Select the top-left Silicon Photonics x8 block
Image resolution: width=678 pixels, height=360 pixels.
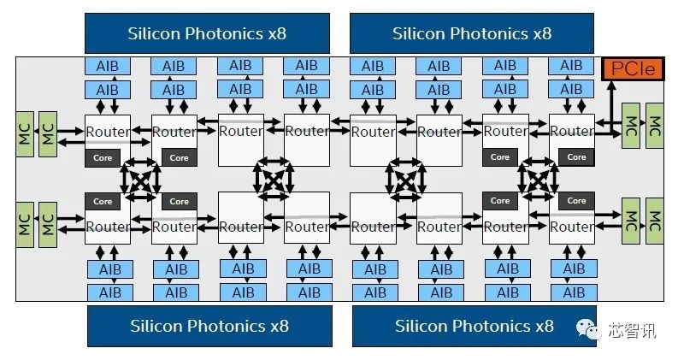click(x=208, y=33)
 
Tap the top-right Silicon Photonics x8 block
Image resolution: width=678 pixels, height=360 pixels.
click(x=472, y=33)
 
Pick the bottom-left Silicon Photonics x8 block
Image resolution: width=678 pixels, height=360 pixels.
click(x=209, y=326)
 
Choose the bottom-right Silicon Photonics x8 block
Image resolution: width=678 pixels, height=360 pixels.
click(x=474, y=326)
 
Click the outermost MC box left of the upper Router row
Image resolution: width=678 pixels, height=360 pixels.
click(x=24, y=133)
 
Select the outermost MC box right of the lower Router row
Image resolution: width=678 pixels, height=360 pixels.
click(x=655, y=221)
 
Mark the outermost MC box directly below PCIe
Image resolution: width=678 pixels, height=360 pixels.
click(x=655, y=126)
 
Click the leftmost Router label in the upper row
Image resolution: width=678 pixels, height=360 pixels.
click(x=108, y=132)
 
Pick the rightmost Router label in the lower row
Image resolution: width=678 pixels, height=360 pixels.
click(x=572, y=227)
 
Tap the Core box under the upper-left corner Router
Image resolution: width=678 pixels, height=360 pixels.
click(x=103, y=157)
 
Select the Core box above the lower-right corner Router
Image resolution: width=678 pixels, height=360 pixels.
click(x=576, y=202)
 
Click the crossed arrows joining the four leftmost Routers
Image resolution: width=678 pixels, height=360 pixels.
click(x=140, y=180)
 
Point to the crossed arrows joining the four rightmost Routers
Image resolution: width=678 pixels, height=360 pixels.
click(x=538, y=180)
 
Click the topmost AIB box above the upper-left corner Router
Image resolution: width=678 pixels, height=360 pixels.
click(x=108, y=66)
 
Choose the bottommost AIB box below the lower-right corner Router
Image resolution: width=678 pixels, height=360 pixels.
click(x=572, y=292)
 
